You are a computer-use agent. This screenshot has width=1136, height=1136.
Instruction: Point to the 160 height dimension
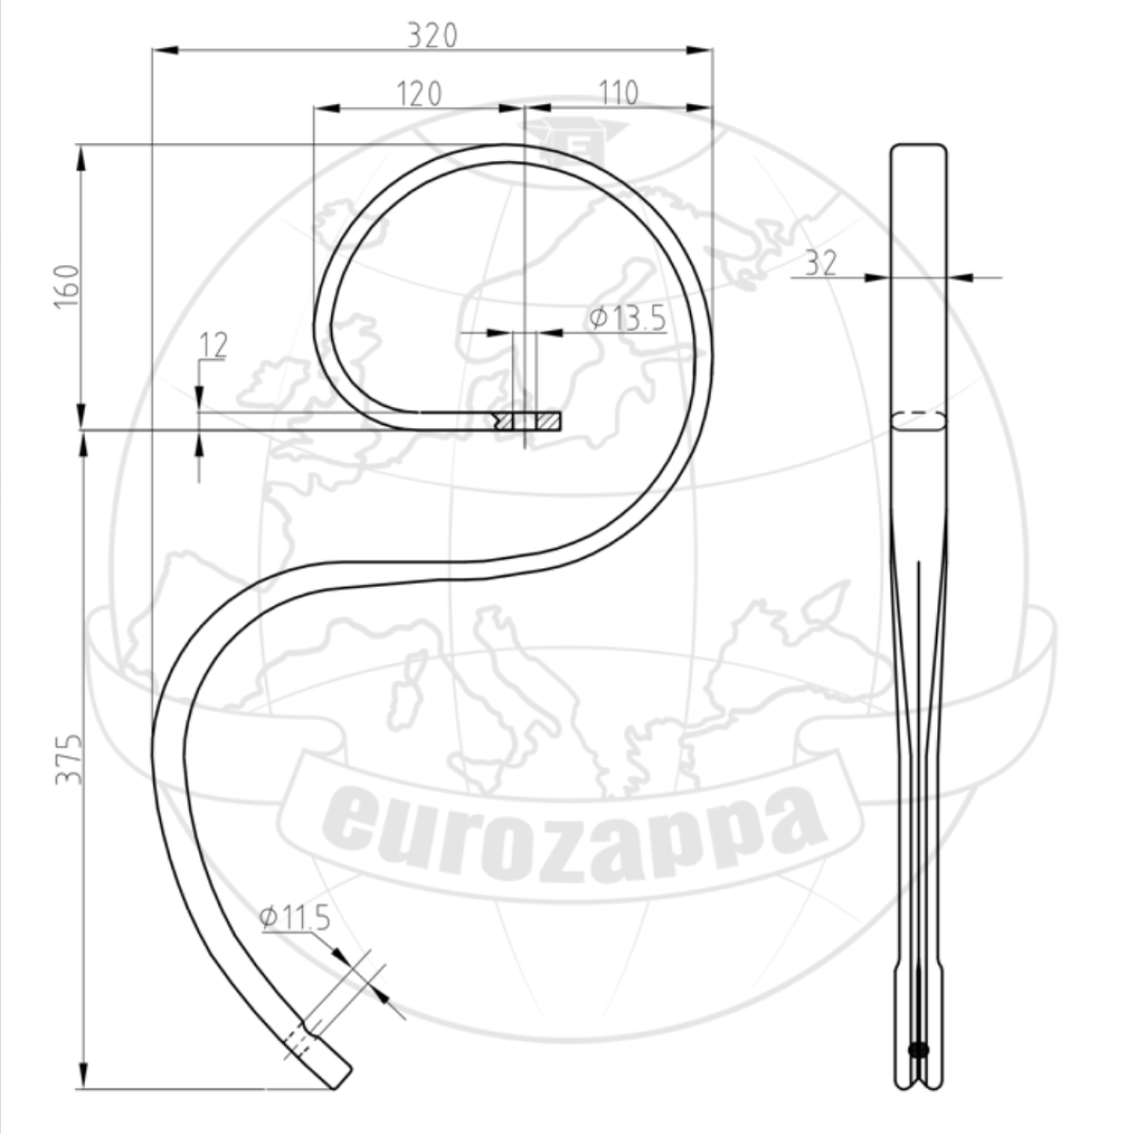[66, 286]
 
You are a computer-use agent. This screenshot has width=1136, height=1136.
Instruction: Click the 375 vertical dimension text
[68, 759]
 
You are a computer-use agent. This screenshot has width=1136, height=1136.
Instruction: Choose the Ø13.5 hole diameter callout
[628, 318]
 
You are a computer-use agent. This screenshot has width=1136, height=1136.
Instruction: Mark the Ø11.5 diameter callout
[294, 918]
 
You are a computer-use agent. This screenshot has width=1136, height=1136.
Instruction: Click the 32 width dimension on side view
[821, 262]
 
